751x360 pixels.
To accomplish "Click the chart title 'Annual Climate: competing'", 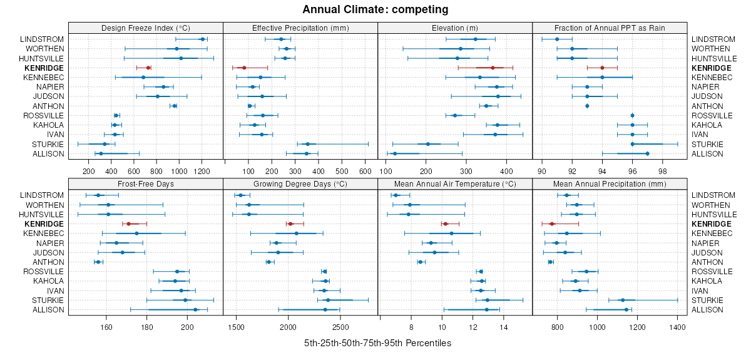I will pos(375,9).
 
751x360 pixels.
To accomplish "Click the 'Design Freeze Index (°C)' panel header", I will pos(145,28).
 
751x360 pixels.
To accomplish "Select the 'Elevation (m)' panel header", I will pos(455,28).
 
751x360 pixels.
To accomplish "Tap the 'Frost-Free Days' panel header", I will pos(145,184).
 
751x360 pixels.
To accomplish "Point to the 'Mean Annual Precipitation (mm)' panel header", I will pos(610,184).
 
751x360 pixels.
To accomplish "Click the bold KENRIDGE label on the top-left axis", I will pos(44,68).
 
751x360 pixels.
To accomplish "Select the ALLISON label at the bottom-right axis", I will pos(707,310).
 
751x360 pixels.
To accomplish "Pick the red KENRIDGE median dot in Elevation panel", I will pos(493,68).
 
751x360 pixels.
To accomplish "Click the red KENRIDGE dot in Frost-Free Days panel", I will pos(128,224).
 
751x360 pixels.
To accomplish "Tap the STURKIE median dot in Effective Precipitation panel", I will pos(307,144).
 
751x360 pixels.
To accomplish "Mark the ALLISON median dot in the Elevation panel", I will pos(394,154).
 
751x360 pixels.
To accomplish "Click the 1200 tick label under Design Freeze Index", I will pos(202,170).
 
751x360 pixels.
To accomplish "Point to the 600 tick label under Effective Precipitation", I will pos(365,170).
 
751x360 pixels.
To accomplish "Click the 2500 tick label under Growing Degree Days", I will pos(340,327).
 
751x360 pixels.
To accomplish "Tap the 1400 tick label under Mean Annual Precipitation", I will pos(677,327).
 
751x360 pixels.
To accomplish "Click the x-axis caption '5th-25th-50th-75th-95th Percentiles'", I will pos(377,344).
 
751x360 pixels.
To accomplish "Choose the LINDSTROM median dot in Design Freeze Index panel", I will pos(202,39).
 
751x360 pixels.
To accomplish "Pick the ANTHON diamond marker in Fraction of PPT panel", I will pos(587,106).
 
